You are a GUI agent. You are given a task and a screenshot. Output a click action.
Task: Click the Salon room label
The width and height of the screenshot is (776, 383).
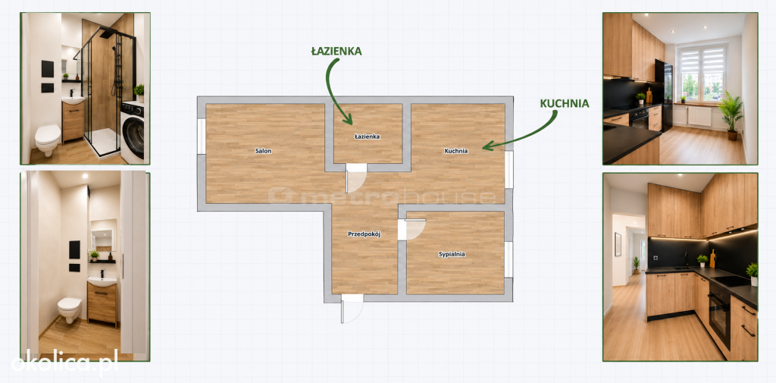[263, 151]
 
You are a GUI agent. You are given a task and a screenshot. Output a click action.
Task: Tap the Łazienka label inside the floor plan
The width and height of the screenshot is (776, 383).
[368, 137]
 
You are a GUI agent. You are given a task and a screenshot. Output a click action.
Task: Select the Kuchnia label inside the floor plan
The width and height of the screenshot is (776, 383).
[455, 151]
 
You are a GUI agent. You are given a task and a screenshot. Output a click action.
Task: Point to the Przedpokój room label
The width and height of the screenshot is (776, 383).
[364, 234]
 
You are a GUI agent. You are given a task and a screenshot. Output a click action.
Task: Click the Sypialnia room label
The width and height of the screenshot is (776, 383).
[452, 254]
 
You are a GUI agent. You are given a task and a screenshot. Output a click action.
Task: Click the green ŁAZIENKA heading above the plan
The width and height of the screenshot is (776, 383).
[336, 51]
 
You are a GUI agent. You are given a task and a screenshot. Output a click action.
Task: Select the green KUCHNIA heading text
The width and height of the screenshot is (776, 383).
[564, 104]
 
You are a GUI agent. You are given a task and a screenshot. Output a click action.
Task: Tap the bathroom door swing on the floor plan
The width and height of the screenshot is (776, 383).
[356, 177]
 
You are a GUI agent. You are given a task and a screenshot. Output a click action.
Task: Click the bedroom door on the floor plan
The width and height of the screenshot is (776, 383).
[411, 229]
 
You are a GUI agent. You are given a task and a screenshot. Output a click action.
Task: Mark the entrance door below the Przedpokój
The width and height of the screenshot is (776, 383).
[352, 308]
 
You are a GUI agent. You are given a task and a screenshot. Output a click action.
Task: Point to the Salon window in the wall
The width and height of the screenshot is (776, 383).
[202, 137]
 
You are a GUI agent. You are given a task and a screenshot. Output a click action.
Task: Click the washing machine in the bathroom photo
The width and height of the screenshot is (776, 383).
[132, 132]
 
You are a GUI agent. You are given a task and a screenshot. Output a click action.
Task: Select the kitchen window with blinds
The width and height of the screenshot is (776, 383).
[702, 73]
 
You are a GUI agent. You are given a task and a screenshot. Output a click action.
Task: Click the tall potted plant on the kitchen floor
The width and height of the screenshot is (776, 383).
[731, 115]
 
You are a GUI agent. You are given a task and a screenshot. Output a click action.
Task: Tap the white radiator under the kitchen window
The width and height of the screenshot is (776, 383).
[699, 117]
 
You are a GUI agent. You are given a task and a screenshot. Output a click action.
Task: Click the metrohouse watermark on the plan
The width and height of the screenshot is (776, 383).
[382, 196]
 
